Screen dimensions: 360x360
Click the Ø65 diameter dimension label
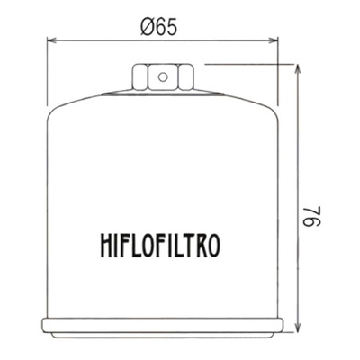coord(159,27)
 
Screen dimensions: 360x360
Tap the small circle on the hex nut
coord(163,77)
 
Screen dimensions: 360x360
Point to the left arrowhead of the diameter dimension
coord(52,40)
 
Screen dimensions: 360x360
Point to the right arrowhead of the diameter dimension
coord(273,40)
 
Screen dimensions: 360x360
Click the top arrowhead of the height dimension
coord(297,69)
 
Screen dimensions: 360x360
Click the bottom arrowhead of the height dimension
coord(297,327)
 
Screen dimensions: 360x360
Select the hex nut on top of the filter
coord(163,76)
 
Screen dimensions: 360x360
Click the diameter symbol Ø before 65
coord(147,28)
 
